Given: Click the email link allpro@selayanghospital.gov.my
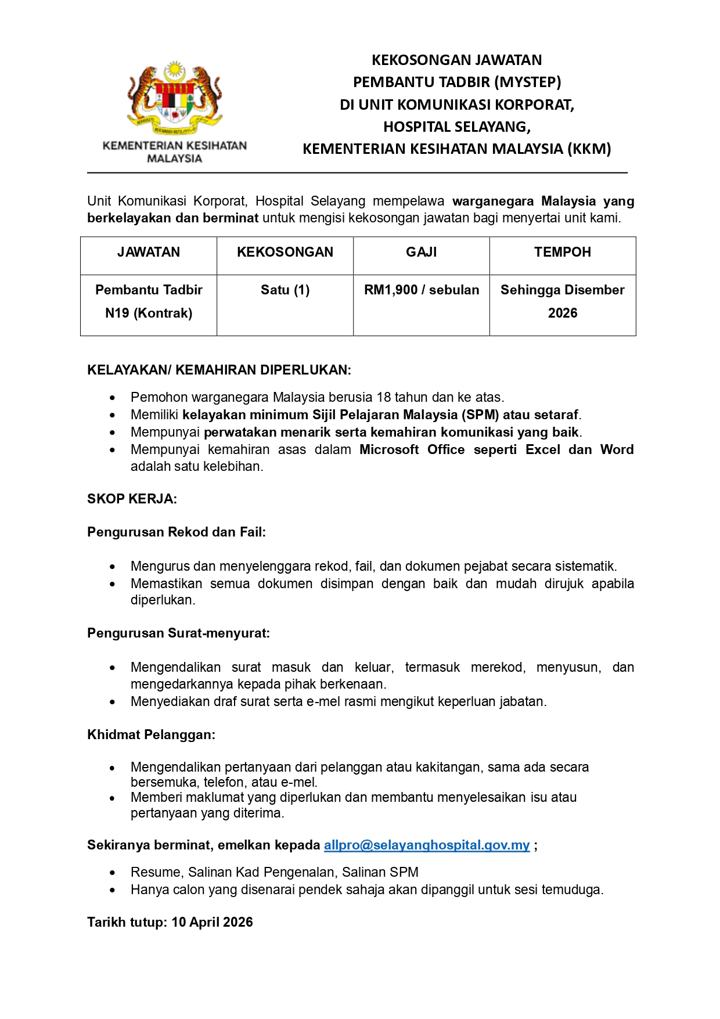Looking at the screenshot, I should (427, 845).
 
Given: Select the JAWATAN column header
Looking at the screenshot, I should (149, 252).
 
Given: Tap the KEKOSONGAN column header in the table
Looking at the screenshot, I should (285, 252).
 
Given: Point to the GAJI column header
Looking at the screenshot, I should (422, 252).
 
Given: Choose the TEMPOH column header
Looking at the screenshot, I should (563, 252).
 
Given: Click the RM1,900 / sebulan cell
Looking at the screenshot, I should (422, 290).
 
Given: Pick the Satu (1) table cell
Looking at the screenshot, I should (285, 290).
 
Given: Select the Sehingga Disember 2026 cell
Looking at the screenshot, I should (563, 301).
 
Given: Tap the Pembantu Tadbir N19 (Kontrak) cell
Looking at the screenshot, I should (149, 301).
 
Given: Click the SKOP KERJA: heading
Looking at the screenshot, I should (132, 499).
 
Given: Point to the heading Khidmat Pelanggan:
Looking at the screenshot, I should (151, 734).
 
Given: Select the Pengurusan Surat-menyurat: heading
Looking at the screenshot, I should (178, 633).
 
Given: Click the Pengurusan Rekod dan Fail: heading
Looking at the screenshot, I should (177, 532).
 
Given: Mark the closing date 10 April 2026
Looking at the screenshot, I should (212, 922).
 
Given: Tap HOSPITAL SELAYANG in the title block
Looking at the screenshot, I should (456, 127).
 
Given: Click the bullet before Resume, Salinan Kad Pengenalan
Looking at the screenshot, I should (113, 873).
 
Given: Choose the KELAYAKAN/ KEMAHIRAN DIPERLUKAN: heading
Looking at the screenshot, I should (219, 370).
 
